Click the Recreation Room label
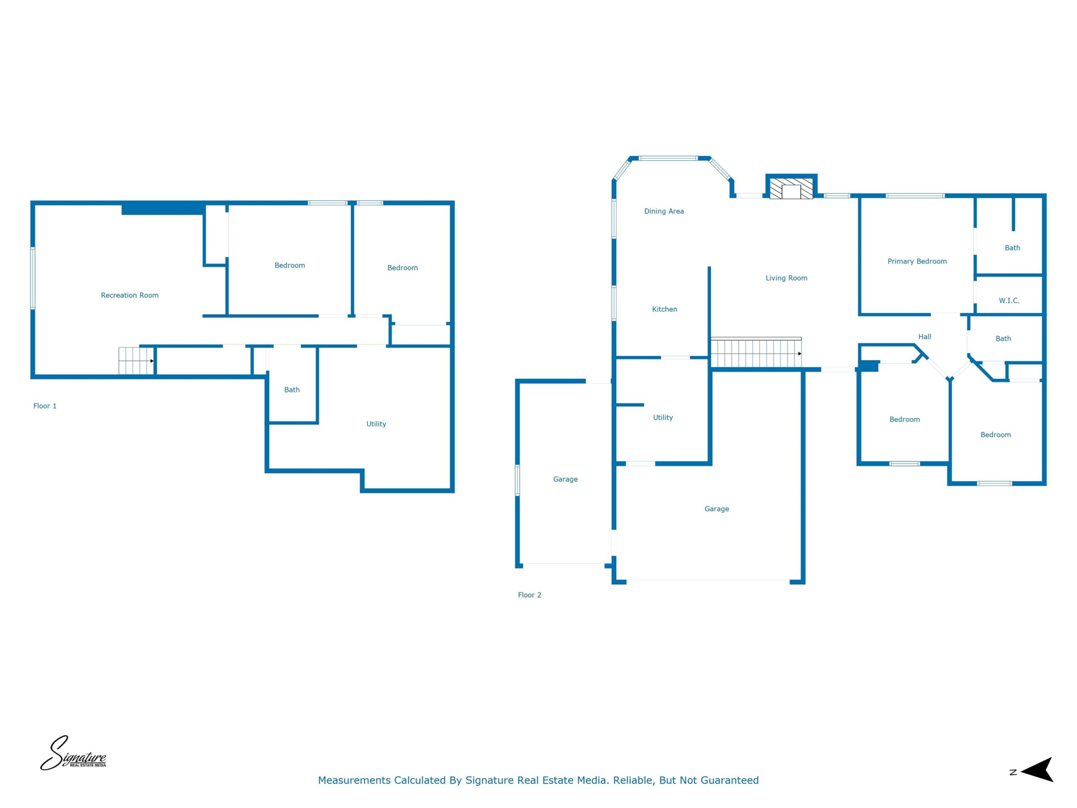tap(130, 295)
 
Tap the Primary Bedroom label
tap(917, 261)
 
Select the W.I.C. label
tap(1009, 300)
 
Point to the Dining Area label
tap(663, 211)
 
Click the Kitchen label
tap(664, 309)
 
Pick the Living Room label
tap(786, 278)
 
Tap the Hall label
tap(924, 337)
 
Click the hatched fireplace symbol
tap(791, 189)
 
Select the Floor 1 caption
tap(45, 406)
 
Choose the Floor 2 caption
tap(529, 595)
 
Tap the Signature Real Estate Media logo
tap(73, 752)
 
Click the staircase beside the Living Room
tap(756, 352)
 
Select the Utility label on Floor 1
tap(376, 424)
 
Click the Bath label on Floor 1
tap(292, 390)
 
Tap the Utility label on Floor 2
tap(663, 417)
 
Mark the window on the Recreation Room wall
tap(33, 278)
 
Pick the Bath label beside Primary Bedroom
tap(1012, 247)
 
